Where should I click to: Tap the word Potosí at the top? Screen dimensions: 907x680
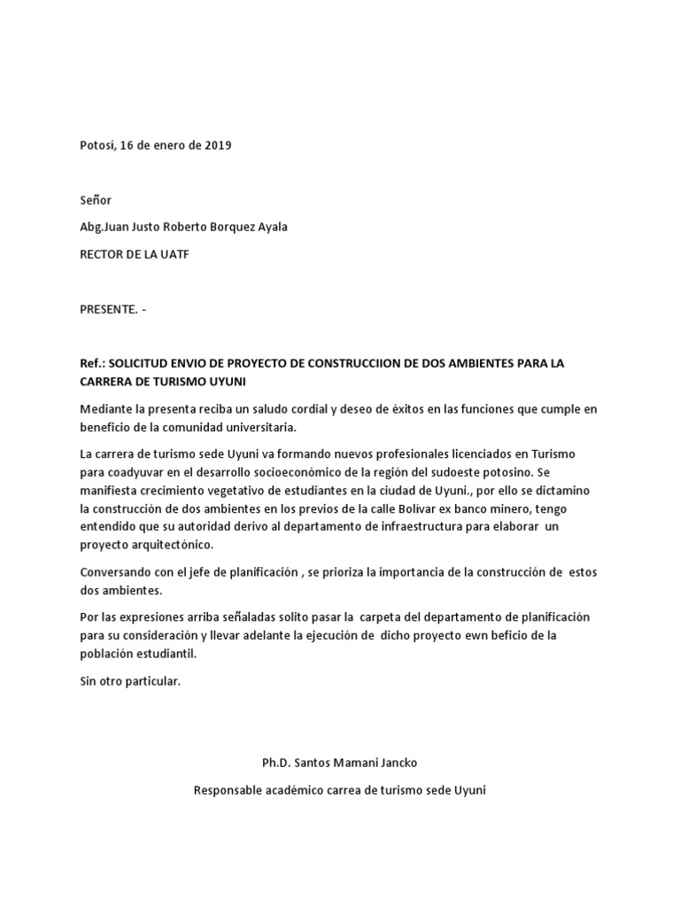pos(97,145)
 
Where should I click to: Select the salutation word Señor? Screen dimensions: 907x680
pos(96,200)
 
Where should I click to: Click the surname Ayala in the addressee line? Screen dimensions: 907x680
pos(269,227)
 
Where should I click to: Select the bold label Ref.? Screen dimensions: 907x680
pos(92,364)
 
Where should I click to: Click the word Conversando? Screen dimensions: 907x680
pos(116,571)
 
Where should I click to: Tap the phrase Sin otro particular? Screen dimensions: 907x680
pos(130,681)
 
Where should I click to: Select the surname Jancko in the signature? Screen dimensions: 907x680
pos(398,762)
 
